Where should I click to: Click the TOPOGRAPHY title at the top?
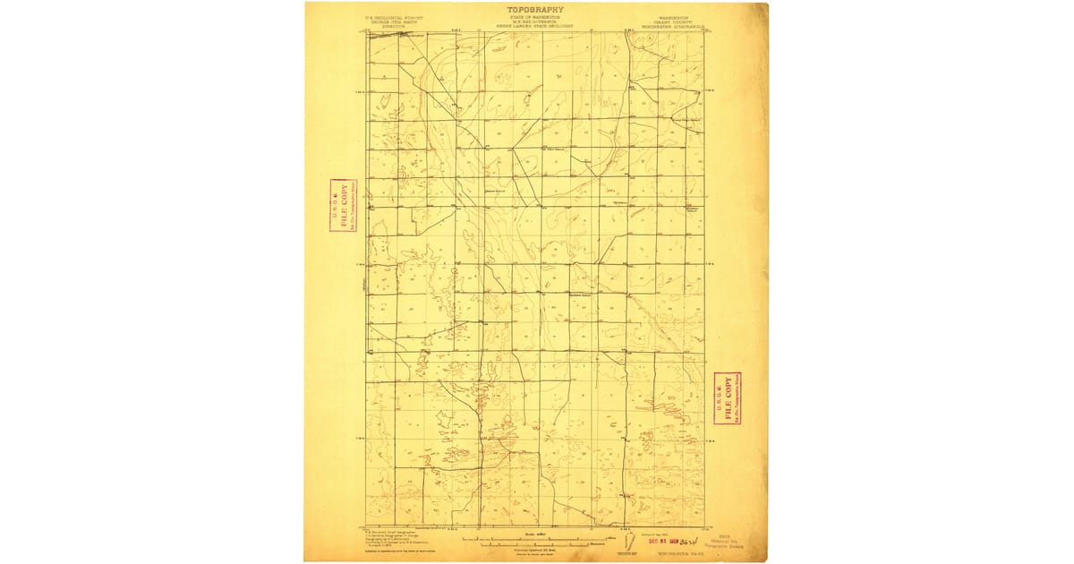coord(536,11)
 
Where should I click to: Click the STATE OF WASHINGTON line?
coord(536,17)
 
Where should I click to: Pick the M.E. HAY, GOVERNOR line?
coord(536,21)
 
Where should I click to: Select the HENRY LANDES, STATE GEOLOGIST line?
coord(536,26)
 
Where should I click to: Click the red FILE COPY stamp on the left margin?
coord(341,205)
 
